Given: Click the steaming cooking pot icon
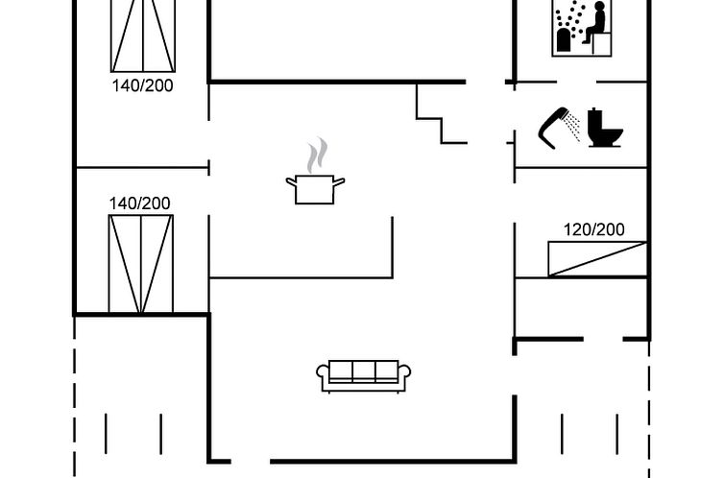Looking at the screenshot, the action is tap(315, 172).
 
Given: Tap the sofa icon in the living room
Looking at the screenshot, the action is tap(363, 376).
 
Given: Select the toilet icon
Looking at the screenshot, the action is tap(605, 128).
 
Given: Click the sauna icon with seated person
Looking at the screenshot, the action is tap(582, 28).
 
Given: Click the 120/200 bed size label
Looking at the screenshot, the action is tap(593, 229).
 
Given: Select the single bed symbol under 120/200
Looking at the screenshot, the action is tap(597, 259).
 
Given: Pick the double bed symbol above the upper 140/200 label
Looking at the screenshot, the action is tap(143, 36).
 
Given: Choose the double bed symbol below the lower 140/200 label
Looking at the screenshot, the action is tap(141, 264).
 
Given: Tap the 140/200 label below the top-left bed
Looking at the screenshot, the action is tap(142, 85).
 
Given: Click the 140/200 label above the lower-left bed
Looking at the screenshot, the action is tap(139, 203).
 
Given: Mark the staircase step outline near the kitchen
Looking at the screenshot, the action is tap(442, 119).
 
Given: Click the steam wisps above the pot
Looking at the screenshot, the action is tap(317, 155).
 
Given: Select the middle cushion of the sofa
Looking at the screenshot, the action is tap(364, 370).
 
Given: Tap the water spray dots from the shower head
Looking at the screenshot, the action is tap(573, 127).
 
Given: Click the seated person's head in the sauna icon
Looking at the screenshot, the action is tap(600, 7).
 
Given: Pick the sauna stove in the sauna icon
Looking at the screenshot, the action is tap(564, 39).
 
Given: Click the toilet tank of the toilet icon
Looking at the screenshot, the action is tap(594, 120).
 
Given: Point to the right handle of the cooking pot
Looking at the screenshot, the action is tap(339, 181).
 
